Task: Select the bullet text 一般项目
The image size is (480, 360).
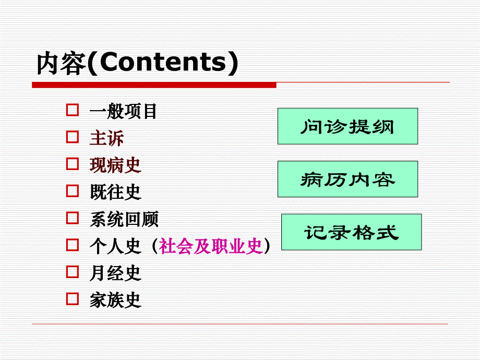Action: tap(123, 111)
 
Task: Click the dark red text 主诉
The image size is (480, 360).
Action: tap(106, 138)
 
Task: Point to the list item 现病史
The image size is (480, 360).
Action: tap(115, 165)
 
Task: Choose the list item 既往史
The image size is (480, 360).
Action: tap(115, 192)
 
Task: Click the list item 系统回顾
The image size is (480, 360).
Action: tap(124, 219)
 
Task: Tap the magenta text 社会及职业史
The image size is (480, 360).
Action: tap(211, 246)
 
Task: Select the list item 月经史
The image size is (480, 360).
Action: tap(115, 273)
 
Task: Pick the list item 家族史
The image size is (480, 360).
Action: tap(115, 300)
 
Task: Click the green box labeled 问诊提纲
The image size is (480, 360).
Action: tap(347, 126)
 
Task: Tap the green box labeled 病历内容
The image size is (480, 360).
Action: tap(347, 179)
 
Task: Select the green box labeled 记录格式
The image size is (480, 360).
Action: tap(352, 232)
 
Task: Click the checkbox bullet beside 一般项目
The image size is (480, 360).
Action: tap(73, 111)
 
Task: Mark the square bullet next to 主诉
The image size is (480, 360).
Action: tap(73, 137)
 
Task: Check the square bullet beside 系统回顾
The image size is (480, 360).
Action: tap(73, 218)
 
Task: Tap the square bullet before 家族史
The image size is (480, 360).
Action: tap(73, 299)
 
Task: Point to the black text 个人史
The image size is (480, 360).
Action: tap(115, 246)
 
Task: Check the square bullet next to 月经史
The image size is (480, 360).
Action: tap(73, 272)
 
